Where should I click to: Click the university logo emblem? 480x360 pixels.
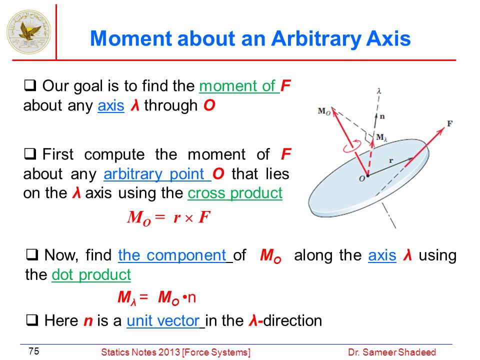coord(29,32)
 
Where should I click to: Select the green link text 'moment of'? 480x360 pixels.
coord(238,86)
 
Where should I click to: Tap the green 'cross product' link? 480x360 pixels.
coord(235,193)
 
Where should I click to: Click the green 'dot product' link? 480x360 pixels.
coord(91,274)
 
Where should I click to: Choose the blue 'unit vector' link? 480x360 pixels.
coord(163,320)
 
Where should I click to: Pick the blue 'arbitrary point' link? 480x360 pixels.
coord(154,174)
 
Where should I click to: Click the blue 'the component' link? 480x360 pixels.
coord(172,255)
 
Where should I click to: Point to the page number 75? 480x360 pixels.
coord(34,351)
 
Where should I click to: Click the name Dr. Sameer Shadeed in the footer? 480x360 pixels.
coord(392,352)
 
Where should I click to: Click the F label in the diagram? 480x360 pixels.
coord(449,123)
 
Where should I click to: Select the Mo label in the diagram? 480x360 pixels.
coord(324,111)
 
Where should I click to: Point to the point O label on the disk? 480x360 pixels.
coord(362,179)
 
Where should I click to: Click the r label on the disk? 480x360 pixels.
coord(391,160)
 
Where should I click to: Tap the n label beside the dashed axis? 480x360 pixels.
coord(382,116)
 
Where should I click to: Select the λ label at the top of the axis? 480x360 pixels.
coord(379,91)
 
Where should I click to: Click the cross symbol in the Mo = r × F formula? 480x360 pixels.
coord(189,218)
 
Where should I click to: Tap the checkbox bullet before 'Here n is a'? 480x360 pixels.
coord(32,320)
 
